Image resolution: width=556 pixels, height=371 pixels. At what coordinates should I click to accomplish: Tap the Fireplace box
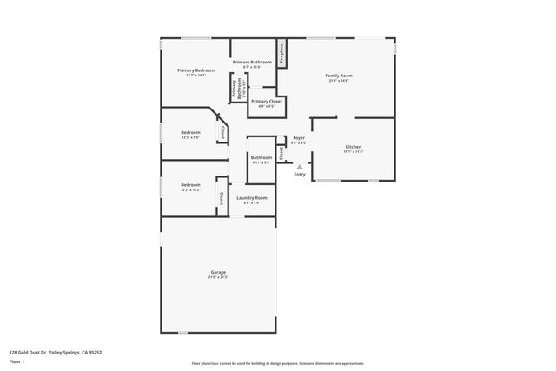(282, 54)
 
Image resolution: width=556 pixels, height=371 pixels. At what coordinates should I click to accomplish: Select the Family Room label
(338, 76)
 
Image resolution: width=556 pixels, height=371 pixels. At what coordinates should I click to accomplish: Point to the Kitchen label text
(354, 147)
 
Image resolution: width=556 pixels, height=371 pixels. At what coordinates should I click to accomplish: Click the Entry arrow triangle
(300, 166)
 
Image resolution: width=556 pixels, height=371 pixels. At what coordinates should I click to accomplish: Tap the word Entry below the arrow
(300, 175)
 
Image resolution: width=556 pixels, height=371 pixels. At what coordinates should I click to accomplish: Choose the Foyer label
(298, 138)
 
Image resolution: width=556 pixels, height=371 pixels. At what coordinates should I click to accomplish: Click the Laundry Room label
(251, 198)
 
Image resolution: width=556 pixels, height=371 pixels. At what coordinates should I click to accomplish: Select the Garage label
(217, 273)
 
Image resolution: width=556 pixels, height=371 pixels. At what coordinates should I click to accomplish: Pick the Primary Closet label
(266, 101)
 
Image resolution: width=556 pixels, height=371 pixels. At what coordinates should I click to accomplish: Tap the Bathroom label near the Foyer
(261, 157)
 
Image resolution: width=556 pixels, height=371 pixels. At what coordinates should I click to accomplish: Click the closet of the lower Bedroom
(222, 199)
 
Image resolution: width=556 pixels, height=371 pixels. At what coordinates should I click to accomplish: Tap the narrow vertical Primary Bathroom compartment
(233, 88)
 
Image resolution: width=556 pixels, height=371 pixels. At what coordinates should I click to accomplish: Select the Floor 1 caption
(17, 361)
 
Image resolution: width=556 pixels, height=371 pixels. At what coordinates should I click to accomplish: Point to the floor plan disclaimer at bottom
(277, 363)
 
